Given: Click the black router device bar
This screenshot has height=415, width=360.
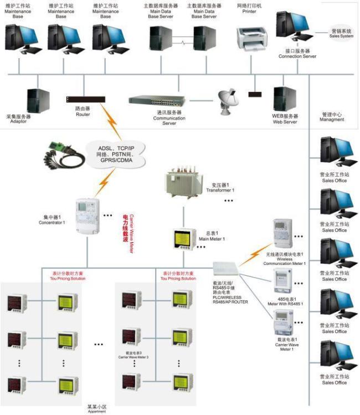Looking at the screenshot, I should coord(83,99).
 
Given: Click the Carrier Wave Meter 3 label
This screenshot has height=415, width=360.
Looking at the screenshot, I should coord(133,355).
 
